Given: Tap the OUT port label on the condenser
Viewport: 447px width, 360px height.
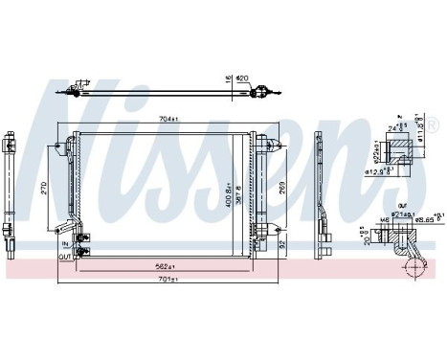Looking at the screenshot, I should pyautogui.click(x=63, y=256).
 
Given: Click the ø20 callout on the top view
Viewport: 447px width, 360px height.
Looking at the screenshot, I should pyautogui.click(x=242, y=79).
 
